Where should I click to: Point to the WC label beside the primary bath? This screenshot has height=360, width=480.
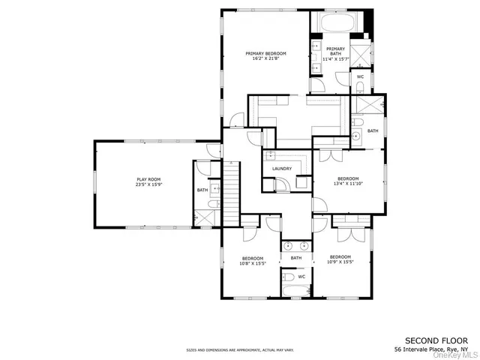[x=360, y=77]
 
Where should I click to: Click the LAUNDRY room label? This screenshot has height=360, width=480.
[x=282, y=169]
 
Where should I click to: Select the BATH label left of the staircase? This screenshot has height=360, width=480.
[x=202, y=190]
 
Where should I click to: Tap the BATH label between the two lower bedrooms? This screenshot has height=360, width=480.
[x=296, y=258]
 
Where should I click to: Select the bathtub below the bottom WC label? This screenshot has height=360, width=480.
[x=290, y=288]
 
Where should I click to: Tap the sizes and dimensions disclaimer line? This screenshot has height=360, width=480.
[x=240, y=350]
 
